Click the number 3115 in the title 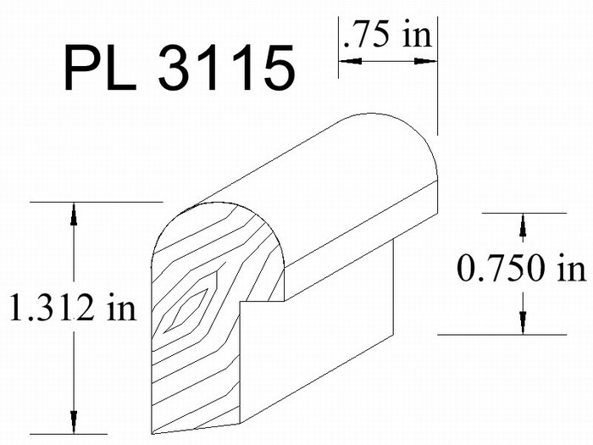(226, 68)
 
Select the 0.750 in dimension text (522, 268)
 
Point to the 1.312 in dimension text (73, 307)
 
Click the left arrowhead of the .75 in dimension (351, 60)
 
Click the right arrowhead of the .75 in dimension (426, 60)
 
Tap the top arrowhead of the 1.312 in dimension (74, 214)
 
